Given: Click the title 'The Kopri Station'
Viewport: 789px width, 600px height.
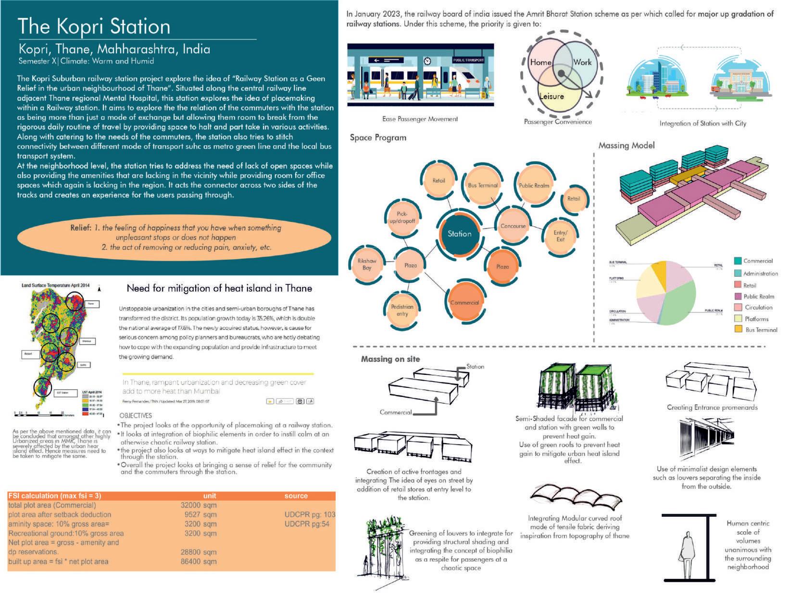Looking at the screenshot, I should pyautogui.click(x=94, y=26).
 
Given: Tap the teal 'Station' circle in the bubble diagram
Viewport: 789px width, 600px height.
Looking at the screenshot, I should pyautogui.click(x=459, y=234).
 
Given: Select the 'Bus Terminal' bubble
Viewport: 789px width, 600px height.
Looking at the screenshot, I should pyautogui.click(x=483, y=185).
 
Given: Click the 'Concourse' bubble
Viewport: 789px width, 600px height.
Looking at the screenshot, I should pyautogui.click(x=513, y=226).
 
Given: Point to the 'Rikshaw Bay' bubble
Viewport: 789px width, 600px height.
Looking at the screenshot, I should pyautogui.click(x=367, y=265).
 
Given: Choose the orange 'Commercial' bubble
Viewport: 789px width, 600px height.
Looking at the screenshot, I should pyautogui.click(x=464, y=303).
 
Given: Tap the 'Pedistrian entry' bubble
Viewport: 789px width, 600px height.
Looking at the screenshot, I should pyautogui.click(x=402, y=310).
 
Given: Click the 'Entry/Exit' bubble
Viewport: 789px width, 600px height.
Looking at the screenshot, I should pyautogui.click(x=560, y=236).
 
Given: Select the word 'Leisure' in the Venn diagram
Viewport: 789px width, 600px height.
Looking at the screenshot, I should pyautogui.click(x=551, y=96).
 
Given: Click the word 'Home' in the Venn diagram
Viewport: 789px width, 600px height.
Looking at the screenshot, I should pyautogui.click(x=540, y=62).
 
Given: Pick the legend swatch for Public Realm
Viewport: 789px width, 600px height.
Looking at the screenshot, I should pyautogui.click(x=738, y=296).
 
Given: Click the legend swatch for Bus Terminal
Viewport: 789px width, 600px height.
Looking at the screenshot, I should pyautogui.click(x=738, y=330).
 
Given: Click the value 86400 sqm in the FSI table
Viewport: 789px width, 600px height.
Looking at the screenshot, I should pyautogui.click(x=199, y=562).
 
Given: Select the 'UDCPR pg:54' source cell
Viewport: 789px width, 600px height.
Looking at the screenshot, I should pyautogui.click(x=307, y=524).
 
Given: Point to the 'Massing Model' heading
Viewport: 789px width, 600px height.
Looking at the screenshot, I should pyautogui.click(x=626, y=145).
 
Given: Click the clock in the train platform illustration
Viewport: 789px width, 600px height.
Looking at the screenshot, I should pyautogui.click(x=427, y=61).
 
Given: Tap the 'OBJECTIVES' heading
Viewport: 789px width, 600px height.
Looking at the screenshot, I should pyautogui.click(x=136, y=415).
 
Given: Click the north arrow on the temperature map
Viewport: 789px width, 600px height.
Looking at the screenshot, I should pyautogui.click(x=99, y=289).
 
